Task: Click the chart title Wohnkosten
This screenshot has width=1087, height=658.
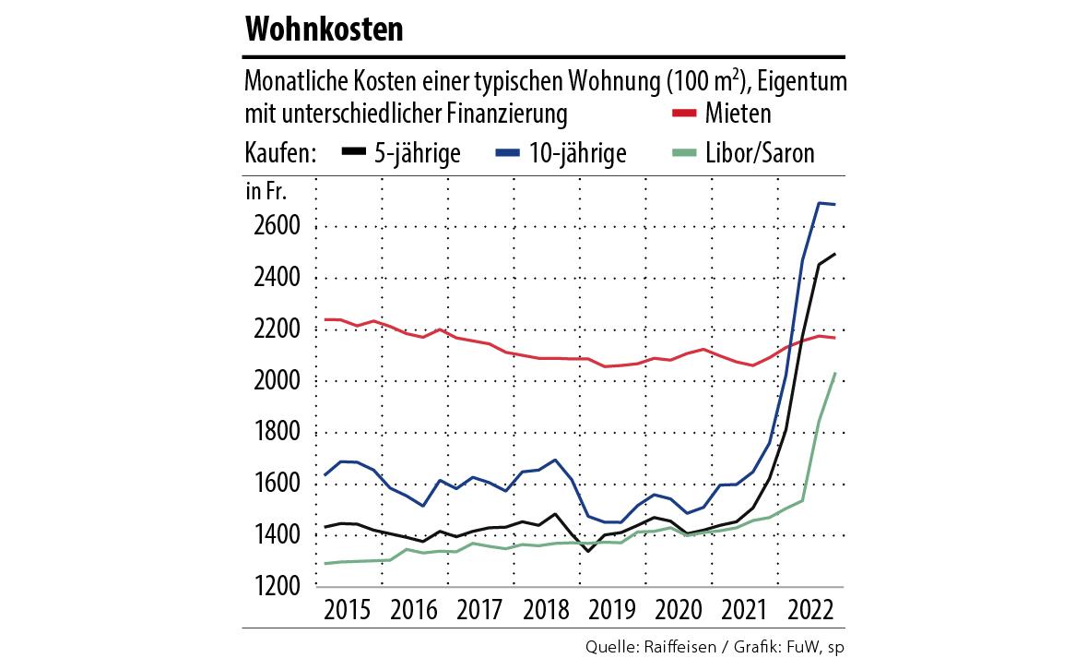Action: click(x=324, y=30)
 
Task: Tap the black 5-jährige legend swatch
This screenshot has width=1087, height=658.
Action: click(x=355, y=152)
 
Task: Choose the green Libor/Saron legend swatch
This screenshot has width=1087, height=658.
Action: click(x=682, y=152)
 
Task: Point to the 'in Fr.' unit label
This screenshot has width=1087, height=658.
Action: click(x=266, y=192)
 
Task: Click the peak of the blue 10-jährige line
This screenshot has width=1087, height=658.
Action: click(x=819, y=203)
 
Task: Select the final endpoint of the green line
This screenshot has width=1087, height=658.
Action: click(x=835, y=373)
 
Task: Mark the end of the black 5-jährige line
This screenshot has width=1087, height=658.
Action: click(x=835, y=254)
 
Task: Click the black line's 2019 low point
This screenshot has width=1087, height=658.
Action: click(x=588, y=551)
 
